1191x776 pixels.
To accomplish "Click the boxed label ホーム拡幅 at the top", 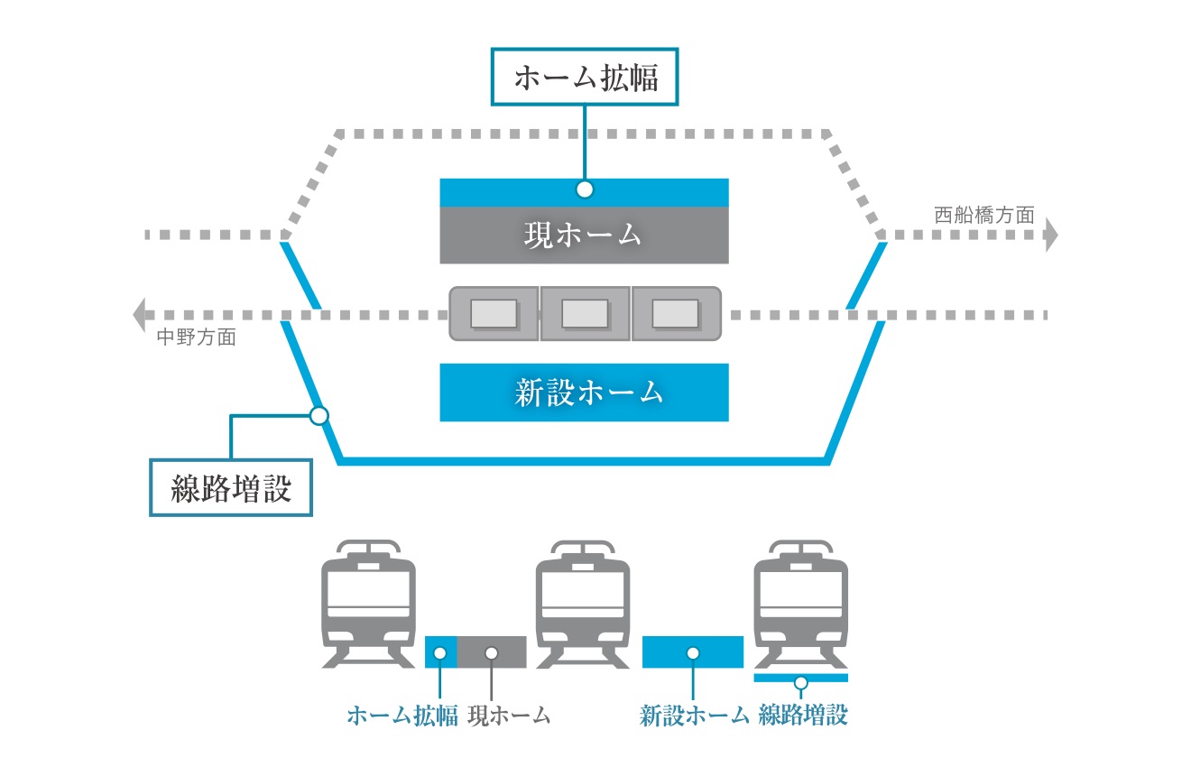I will (586, 79).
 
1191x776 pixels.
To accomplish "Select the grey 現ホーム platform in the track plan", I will (584, 236).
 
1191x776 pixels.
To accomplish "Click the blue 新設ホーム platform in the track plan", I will (584, 393).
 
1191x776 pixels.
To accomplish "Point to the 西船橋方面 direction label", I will (983, 216).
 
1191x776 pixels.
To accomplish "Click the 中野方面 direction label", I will (197, 338).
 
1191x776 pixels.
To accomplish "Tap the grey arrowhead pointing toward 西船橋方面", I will (1049, 236).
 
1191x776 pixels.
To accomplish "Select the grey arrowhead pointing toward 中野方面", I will (140, 315).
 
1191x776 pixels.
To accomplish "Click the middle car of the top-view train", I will (585, 314).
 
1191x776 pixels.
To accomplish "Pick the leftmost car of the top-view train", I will (494, 314).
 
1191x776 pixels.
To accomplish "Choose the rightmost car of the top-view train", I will (676, 314).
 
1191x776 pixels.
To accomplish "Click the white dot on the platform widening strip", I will (585, 189).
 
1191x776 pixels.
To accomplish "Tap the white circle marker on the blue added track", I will (319, 416).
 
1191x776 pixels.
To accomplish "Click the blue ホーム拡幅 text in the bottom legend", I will (402, 716).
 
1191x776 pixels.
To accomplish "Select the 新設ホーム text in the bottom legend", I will (694, 716).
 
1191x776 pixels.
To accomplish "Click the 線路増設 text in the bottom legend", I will (803, 716).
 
